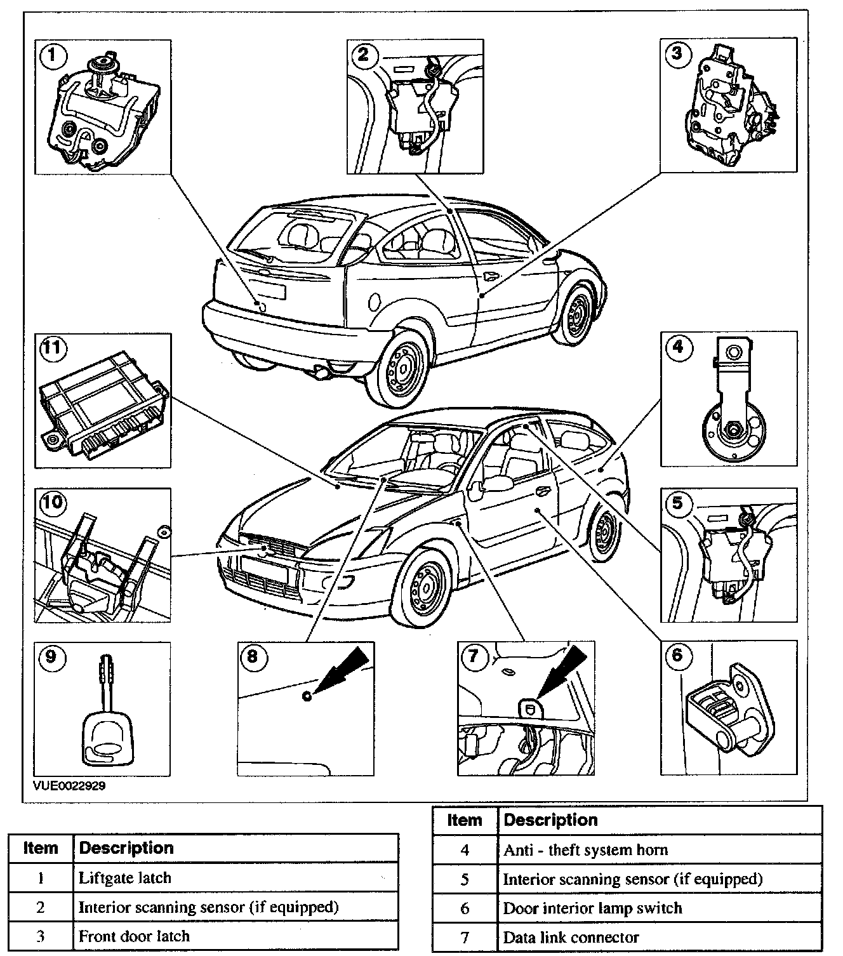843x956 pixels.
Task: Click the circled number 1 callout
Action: click(x=53, y=56)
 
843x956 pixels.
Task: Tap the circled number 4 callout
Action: click(x=678, y=347)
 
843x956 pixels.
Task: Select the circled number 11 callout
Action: click(x=53, y=348)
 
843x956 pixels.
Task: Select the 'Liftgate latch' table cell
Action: click(x=235, y=878)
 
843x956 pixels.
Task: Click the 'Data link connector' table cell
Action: click(x=659, y=937)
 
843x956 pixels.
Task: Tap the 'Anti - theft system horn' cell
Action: click(x=659, y=849)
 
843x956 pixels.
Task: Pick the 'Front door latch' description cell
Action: click(x=235, y=936)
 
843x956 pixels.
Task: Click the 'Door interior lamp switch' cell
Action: click(x=659, y=908)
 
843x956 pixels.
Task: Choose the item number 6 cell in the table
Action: click(x=465, y=908)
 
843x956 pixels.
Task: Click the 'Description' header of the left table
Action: click(x=235, y=848)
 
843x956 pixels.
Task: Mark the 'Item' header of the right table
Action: click(x=465, y=820)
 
